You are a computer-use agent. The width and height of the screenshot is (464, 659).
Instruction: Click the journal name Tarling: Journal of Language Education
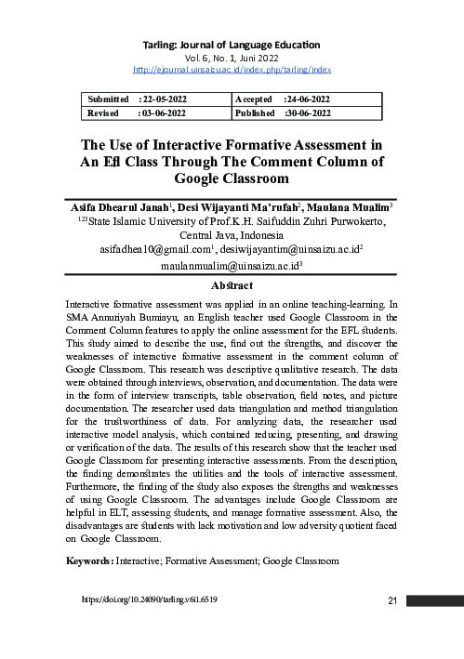click(x=232, y=44)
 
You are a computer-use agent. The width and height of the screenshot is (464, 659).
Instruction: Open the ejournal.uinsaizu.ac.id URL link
click(x=232, y=70)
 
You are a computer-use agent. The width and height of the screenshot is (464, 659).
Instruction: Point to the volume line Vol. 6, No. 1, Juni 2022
click(x=232, y=57)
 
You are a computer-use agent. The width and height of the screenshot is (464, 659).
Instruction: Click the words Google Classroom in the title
click(x=232, y=178)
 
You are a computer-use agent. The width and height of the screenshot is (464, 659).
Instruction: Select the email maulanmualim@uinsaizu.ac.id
click(x=230, y=265)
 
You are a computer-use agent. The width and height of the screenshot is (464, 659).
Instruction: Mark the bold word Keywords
click(x=88, y=561)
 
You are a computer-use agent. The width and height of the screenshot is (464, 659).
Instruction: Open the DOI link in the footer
click(x=150, y=600)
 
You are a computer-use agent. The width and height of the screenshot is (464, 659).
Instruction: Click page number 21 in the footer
click(x=391, y=600)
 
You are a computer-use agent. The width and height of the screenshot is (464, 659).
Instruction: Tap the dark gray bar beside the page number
click(x=431, y=600)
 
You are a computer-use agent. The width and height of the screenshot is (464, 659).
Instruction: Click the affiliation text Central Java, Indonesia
click(x=232, y=235)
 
